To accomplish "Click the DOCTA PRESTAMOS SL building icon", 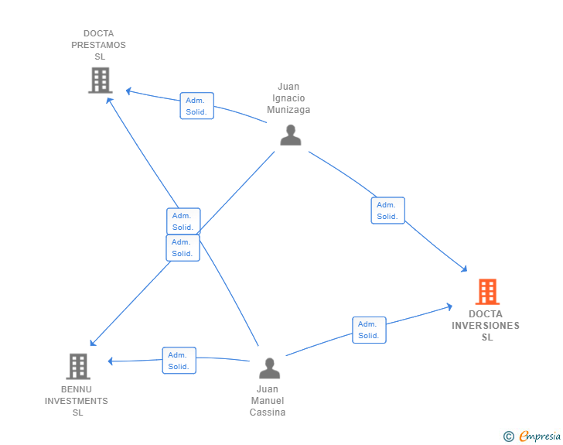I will tap(100, 80).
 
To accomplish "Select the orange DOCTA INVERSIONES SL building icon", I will tap(487, 292).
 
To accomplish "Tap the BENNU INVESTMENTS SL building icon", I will tap(77, 366).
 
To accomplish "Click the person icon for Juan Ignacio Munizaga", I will tap(290, 135).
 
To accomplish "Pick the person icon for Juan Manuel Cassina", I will tap(268, 368).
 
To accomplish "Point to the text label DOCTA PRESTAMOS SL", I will tap(99, 45).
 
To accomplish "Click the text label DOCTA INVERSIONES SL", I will tap(486, 325).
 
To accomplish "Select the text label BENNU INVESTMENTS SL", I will tap(77, 401).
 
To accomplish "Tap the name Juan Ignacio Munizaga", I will tap(288, 98).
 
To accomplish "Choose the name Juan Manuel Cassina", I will tap(268, 401).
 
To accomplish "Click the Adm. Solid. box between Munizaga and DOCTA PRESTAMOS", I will tap(196, 106).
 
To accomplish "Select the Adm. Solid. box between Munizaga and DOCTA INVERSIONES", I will tap(387, 211).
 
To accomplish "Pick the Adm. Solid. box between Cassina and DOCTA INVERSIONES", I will tap(369, 330).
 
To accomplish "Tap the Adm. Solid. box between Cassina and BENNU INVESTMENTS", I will tap(179, 361).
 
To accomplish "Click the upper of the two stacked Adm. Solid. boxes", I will tap(183, 221).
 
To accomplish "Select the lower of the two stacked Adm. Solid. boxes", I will tap(183, 248).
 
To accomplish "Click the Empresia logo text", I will tap(539, 436).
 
